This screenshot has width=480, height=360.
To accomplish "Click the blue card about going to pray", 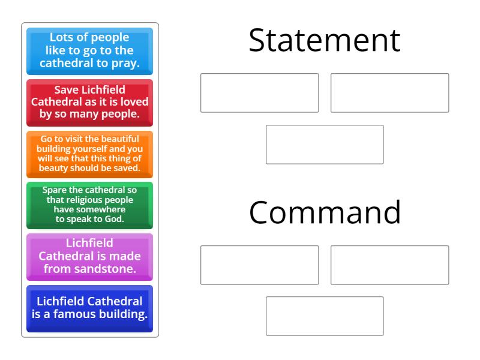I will pos(89,50).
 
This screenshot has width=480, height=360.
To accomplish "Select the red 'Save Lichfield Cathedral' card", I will pos(89,102).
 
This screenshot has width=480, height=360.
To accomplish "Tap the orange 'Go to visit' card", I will pos(89,154).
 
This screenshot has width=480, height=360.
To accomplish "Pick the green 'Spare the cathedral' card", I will pos(89,205).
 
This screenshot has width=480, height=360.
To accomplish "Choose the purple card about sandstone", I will pos(89,256).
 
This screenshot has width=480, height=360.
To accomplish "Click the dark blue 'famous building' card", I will pos(89,308).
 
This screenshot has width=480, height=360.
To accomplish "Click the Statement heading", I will pos(324,41).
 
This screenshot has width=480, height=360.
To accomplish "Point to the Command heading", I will pos(325,212).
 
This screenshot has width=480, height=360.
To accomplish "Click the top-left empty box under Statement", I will pos(259,93).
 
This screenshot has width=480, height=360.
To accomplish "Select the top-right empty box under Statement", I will pos(389,93).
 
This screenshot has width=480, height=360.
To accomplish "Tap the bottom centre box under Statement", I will pos(325,145).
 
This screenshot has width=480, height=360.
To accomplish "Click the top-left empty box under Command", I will pos(259,265).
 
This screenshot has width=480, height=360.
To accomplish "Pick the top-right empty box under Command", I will pos(389,265).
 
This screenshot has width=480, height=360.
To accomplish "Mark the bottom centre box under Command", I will pos(325,316).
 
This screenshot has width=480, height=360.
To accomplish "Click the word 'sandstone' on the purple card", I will pos(104,269).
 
